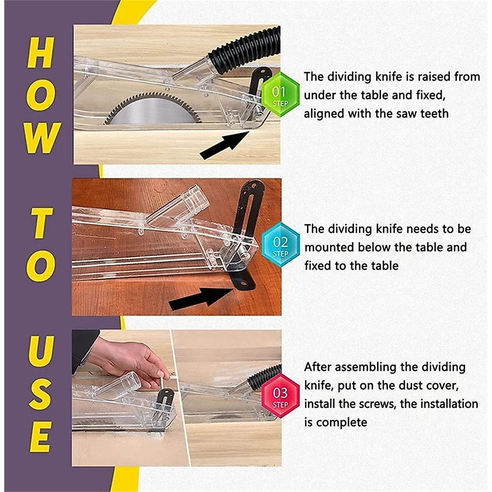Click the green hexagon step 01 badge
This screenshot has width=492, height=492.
(280, 95)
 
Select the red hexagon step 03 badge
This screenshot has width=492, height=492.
(280, 396)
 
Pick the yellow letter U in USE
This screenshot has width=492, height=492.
(41, 351)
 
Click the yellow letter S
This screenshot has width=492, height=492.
(41, 394)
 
